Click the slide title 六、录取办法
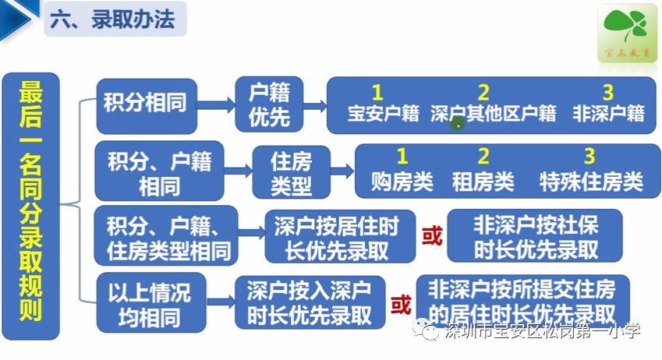tap(114, 20)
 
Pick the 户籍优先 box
tap(269, 104)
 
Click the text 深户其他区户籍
tap(493, 114)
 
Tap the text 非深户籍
tap(608, 114)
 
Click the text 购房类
tap(402, 182)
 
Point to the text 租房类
tap(483, 182)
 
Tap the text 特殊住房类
tap(591, 182)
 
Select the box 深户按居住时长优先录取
tap(336, 238)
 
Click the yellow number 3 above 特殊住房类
tap(589, 156)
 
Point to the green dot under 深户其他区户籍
tap(458, 122)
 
